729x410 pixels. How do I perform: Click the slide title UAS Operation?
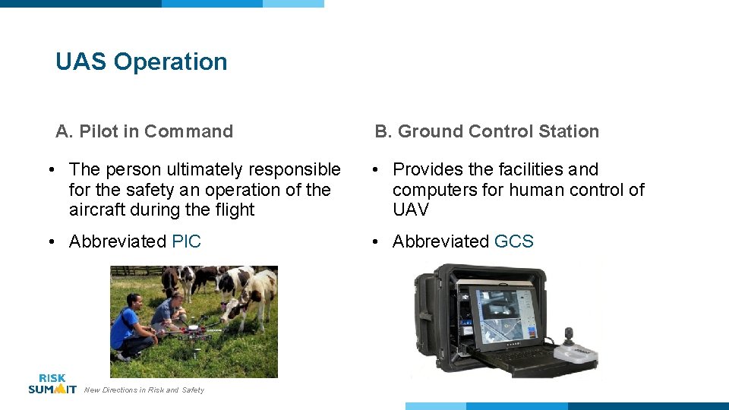[141, 61]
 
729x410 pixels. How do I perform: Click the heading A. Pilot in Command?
[144, 131]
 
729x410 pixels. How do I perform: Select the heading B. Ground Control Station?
[487, 131]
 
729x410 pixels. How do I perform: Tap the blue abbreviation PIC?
[186, 241]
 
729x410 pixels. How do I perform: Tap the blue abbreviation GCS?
[514, 241]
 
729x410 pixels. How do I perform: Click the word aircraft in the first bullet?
[96, 210]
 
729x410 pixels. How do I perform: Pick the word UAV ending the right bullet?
[411, 210]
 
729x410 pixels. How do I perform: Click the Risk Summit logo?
[52, 383]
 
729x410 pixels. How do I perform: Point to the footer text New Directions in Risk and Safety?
[144, 390]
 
